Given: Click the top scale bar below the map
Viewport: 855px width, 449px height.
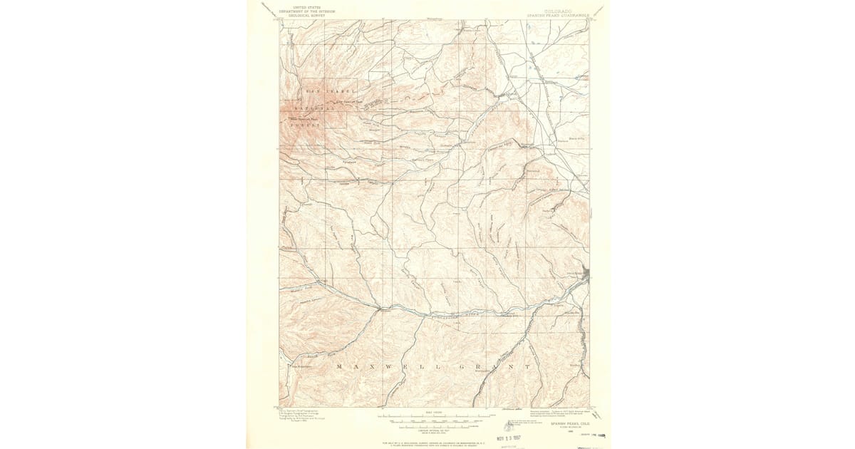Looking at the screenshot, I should pyautogui.click(x=436, y=415).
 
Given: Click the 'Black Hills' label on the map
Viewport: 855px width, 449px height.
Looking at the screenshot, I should pyautogui.click(x=576, y=132).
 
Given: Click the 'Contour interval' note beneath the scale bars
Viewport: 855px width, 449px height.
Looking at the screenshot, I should pyautogui.click(x=436, y=430).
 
